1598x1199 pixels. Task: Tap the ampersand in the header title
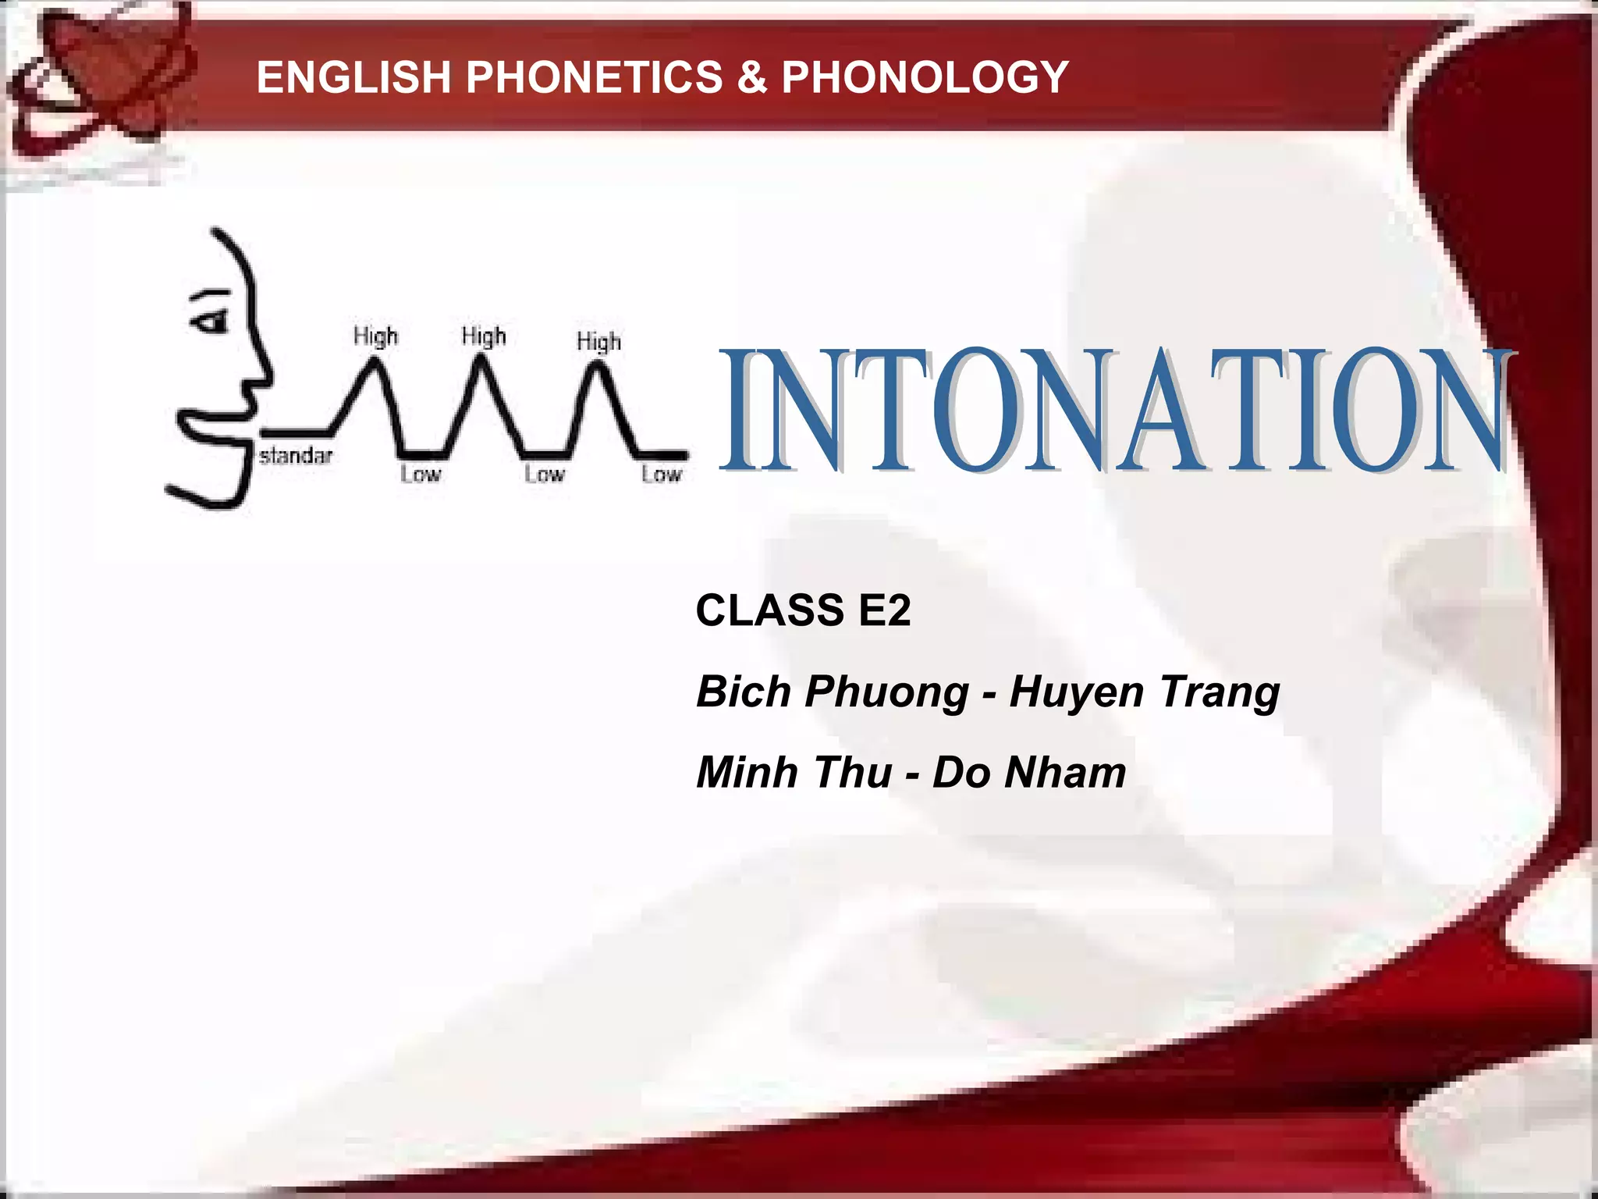(752, 77)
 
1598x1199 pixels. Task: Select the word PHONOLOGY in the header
(925, 77)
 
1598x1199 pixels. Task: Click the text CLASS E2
(803, 610)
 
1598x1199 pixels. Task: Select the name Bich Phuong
(832, 692)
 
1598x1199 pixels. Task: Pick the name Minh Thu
(794, 772)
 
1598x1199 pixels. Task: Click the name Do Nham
(1029, 772)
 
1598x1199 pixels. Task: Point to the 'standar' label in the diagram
(296, 455)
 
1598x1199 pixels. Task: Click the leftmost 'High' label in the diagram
(375, 336)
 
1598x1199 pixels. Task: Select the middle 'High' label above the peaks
(484, 336)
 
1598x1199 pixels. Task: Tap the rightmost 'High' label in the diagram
(598, 341)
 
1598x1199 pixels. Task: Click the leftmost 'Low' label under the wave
(421, 474)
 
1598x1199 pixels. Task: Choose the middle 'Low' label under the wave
(544, 474)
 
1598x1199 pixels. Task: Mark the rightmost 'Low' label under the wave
(662, 474)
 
